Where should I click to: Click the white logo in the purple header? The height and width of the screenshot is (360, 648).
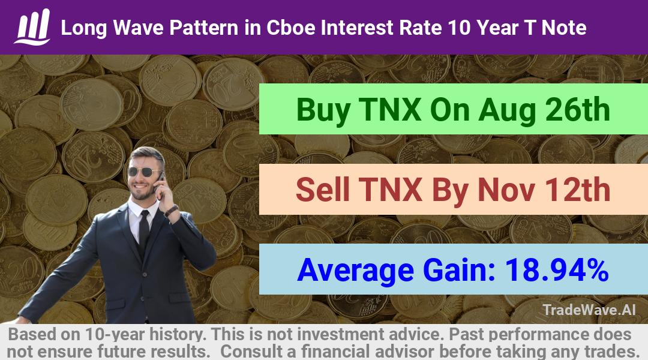click(x=32, y=26)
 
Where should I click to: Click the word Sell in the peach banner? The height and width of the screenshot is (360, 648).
click(x=323, y=189)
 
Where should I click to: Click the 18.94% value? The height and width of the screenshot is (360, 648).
click(x=557, y=269)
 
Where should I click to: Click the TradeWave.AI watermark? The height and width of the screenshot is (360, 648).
click(x=589, y=310)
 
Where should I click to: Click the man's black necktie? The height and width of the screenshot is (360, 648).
click(x=144, y=229)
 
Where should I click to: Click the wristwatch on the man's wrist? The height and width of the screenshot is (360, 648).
click(x=171, y=211)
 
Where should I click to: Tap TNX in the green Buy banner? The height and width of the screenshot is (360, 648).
click(x=390, y=110)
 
